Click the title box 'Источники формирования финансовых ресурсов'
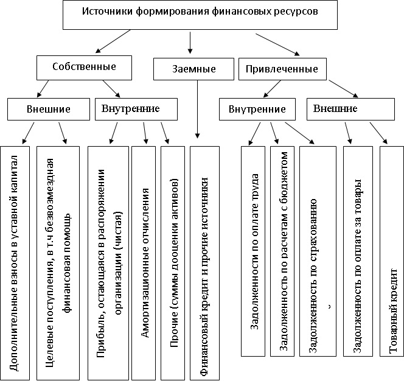200,15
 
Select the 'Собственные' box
84,68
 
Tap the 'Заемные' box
193,69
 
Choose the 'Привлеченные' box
282,69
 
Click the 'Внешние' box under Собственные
49,109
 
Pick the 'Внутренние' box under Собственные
136,109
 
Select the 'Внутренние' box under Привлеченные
257,109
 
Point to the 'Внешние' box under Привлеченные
350,109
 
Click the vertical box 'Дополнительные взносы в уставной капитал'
15,263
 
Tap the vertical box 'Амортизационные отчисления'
144,263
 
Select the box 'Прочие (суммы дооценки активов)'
173,263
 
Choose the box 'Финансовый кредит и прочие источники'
204,263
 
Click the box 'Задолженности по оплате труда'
253,251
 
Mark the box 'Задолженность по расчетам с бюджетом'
282,251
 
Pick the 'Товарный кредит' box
392,251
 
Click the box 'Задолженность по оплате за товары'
358,251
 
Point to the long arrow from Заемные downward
197,110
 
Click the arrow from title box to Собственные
113,41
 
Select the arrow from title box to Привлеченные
277,44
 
